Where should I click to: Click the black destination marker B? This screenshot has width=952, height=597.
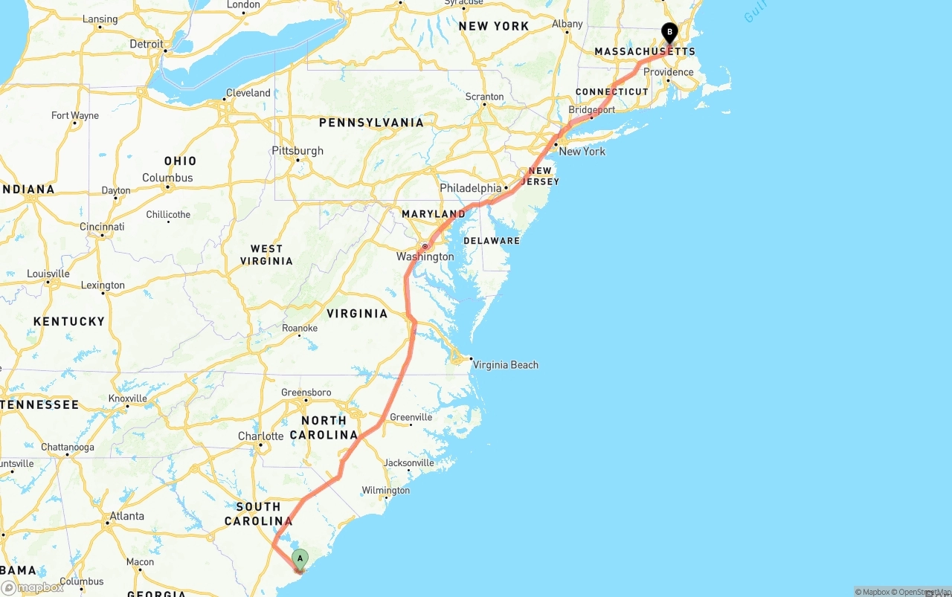(x=669, y=32)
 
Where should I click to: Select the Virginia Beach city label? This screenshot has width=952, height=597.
(x=505, y=365)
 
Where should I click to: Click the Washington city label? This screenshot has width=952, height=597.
(x=425, y=256)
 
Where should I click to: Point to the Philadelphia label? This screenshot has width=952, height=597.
(x=470, y=188)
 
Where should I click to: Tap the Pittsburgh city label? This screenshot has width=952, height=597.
(x=297, y=150)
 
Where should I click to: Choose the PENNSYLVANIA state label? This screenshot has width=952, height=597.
(x=371, y=123)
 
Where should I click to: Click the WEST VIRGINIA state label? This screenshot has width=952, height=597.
(x=266, y=255)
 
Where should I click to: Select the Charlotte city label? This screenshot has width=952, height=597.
(x=260, y=436)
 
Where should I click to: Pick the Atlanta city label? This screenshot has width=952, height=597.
(x=126, y=516)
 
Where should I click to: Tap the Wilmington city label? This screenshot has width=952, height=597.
(x=385, y=491)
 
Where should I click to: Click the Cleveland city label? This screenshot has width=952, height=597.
(x=248, y=93)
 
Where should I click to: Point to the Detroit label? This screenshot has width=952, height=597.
(x=147, y=44)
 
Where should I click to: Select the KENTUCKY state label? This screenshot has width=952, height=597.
(x=69, y=321)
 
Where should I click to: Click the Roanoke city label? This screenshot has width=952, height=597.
(x=300, y=328)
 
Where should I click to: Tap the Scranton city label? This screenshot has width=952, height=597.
(x=484, y=97)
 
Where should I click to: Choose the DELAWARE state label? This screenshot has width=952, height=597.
(x=492, y=241)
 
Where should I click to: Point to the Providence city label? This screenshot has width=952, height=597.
(x=668, y=72)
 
